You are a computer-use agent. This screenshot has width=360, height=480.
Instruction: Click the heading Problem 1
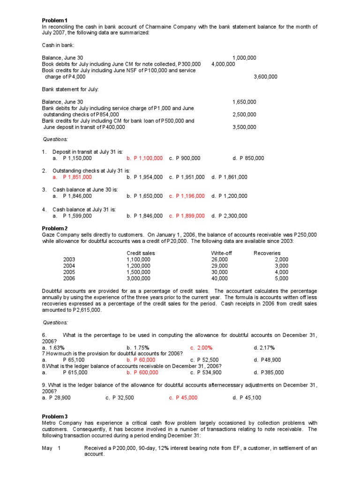point(55,20)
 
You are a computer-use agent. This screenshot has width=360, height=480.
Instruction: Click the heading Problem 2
point(55,228)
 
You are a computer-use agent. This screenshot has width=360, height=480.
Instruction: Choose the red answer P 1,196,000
point(187,196)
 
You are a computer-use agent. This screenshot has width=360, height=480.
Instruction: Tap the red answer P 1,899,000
point(187,216)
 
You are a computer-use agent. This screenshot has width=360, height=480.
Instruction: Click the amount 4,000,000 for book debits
point(223,64)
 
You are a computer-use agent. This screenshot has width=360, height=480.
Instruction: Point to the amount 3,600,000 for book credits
point(265,76)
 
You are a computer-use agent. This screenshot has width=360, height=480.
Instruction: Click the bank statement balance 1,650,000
point(244,102)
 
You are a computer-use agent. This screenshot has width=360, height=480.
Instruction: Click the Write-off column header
point(221,253)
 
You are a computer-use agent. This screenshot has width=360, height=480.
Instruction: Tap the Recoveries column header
point(267,253)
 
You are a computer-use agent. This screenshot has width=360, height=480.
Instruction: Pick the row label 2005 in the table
point(69,272)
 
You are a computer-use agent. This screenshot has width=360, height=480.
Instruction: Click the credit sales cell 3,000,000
point(138,278)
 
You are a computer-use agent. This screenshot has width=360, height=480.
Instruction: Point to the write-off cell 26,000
point(219,259)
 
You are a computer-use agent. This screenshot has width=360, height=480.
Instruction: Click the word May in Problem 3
point(47,448)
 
